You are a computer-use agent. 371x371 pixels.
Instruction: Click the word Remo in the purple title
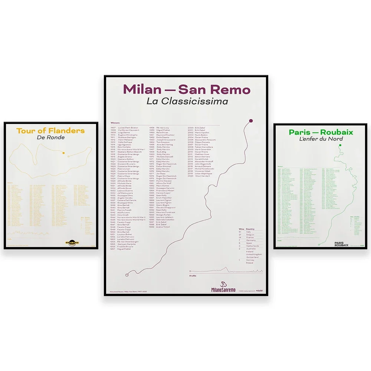pos(234,89)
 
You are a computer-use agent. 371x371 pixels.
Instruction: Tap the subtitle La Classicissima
pos(187,101)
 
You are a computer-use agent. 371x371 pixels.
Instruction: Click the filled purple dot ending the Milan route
pos(251,121)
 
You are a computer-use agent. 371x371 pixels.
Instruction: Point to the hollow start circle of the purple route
pos(127,275)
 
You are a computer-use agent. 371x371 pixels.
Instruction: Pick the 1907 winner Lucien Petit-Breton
pos(128,128)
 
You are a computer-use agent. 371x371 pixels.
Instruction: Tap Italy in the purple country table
pos(249,232)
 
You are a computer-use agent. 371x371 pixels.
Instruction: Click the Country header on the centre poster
pos(250,229)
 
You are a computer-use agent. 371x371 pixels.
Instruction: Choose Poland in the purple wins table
pos(249,263)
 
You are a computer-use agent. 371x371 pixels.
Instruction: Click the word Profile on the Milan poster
pos(193,276)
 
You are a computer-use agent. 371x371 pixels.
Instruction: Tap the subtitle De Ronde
pos(51,138)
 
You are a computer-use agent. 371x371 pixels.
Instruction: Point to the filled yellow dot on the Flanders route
pos(63,153)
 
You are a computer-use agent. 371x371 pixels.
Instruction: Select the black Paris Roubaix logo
pos(341,244)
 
